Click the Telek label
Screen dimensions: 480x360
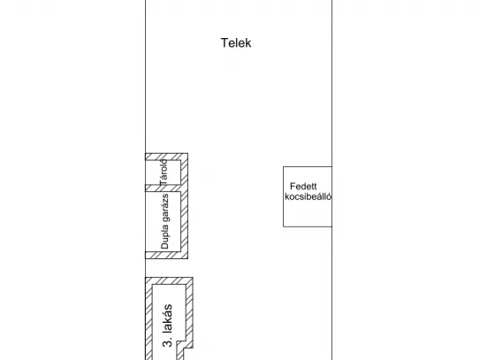pyautogui.click(x=236, y=42)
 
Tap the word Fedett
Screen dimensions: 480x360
pyautogui.click(x=303, y=187)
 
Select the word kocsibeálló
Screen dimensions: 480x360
pyautogui.click(x=308, y=196)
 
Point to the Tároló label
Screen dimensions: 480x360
pyautogui.click(x=164, y=172)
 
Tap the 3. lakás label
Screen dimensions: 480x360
pyautogui.click(x=167, y=326)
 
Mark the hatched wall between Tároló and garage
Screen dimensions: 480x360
pyautogui.click(x=163, y=188)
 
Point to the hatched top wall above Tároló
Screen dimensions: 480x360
pyautogui.click(x=166, y=157)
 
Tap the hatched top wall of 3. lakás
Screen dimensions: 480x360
pyautogui.click(x=169, y=281)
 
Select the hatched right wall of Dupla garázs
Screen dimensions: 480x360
pyautogui.click(x=184, y=221)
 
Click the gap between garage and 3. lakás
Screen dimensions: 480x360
pyautogui.click(x=166, y=268)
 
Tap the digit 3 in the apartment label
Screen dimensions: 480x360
pyautogui.click(x=167, y=343)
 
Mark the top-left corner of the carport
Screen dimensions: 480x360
pyautogui.click(x=283, y=166)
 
